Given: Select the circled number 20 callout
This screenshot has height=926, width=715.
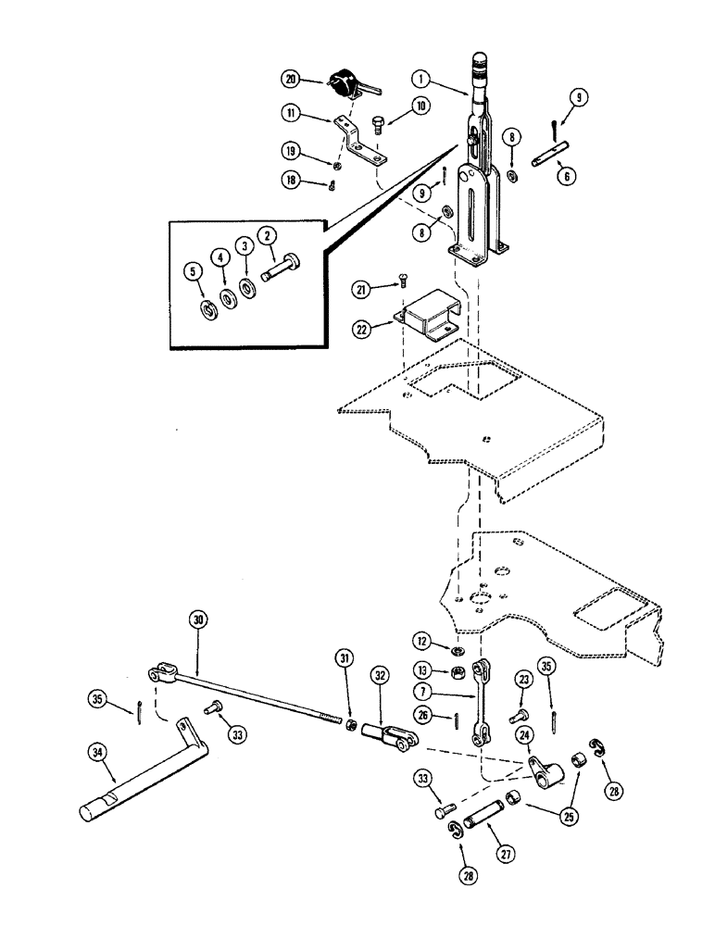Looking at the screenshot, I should (293, 80).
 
